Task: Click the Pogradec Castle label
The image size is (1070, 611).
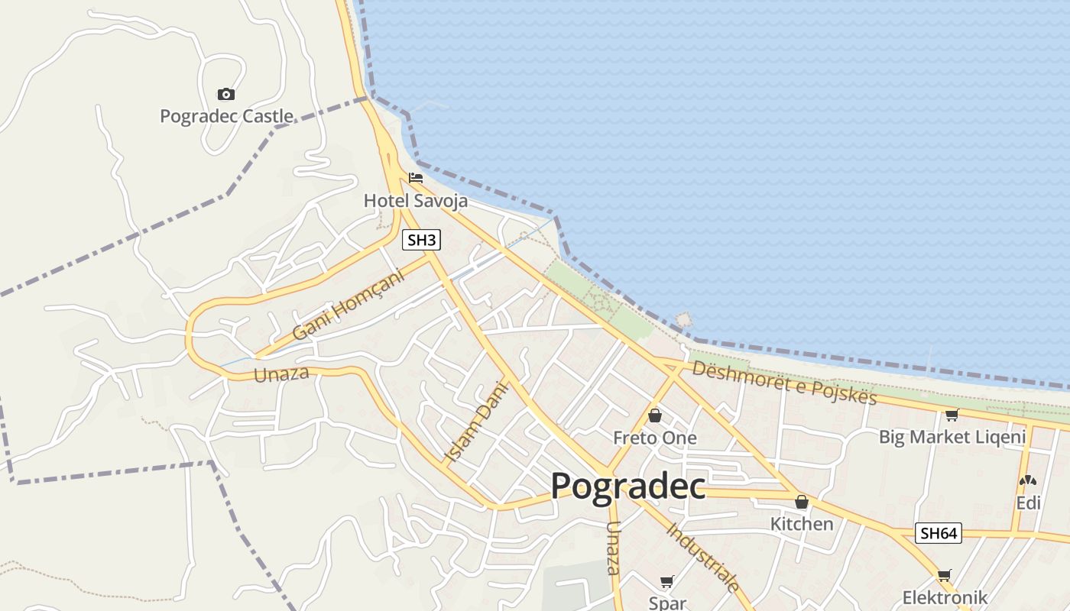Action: click(226, 116)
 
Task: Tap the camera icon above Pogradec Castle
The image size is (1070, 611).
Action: click(225, 94)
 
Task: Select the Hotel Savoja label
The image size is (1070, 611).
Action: click(415, 200)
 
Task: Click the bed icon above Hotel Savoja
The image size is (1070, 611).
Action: click(416, 178)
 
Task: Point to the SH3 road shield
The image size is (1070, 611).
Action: click(421, 240)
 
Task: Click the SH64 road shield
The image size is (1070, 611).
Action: click(939, 533)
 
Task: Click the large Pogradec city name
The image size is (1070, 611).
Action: click(627, 486)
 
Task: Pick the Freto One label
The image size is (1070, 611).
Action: click(655, 438)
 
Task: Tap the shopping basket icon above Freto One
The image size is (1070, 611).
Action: click(655, 415)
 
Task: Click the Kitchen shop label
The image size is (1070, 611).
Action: click(801, 524)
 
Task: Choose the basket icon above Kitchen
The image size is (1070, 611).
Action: click(801, 502)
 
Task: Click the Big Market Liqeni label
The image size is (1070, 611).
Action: click(952, 437)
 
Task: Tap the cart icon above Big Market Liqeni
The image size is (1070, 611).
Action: click(952, 415)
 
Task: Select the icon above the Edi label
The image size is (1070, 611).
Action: click(1028, 481)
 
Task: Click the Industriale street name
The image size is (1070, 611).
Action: click(704, 557)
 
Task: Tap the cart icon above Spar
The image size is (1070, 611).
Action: click(667, 581)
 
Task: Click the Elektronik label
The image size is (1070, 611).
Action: click(945, 597)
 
